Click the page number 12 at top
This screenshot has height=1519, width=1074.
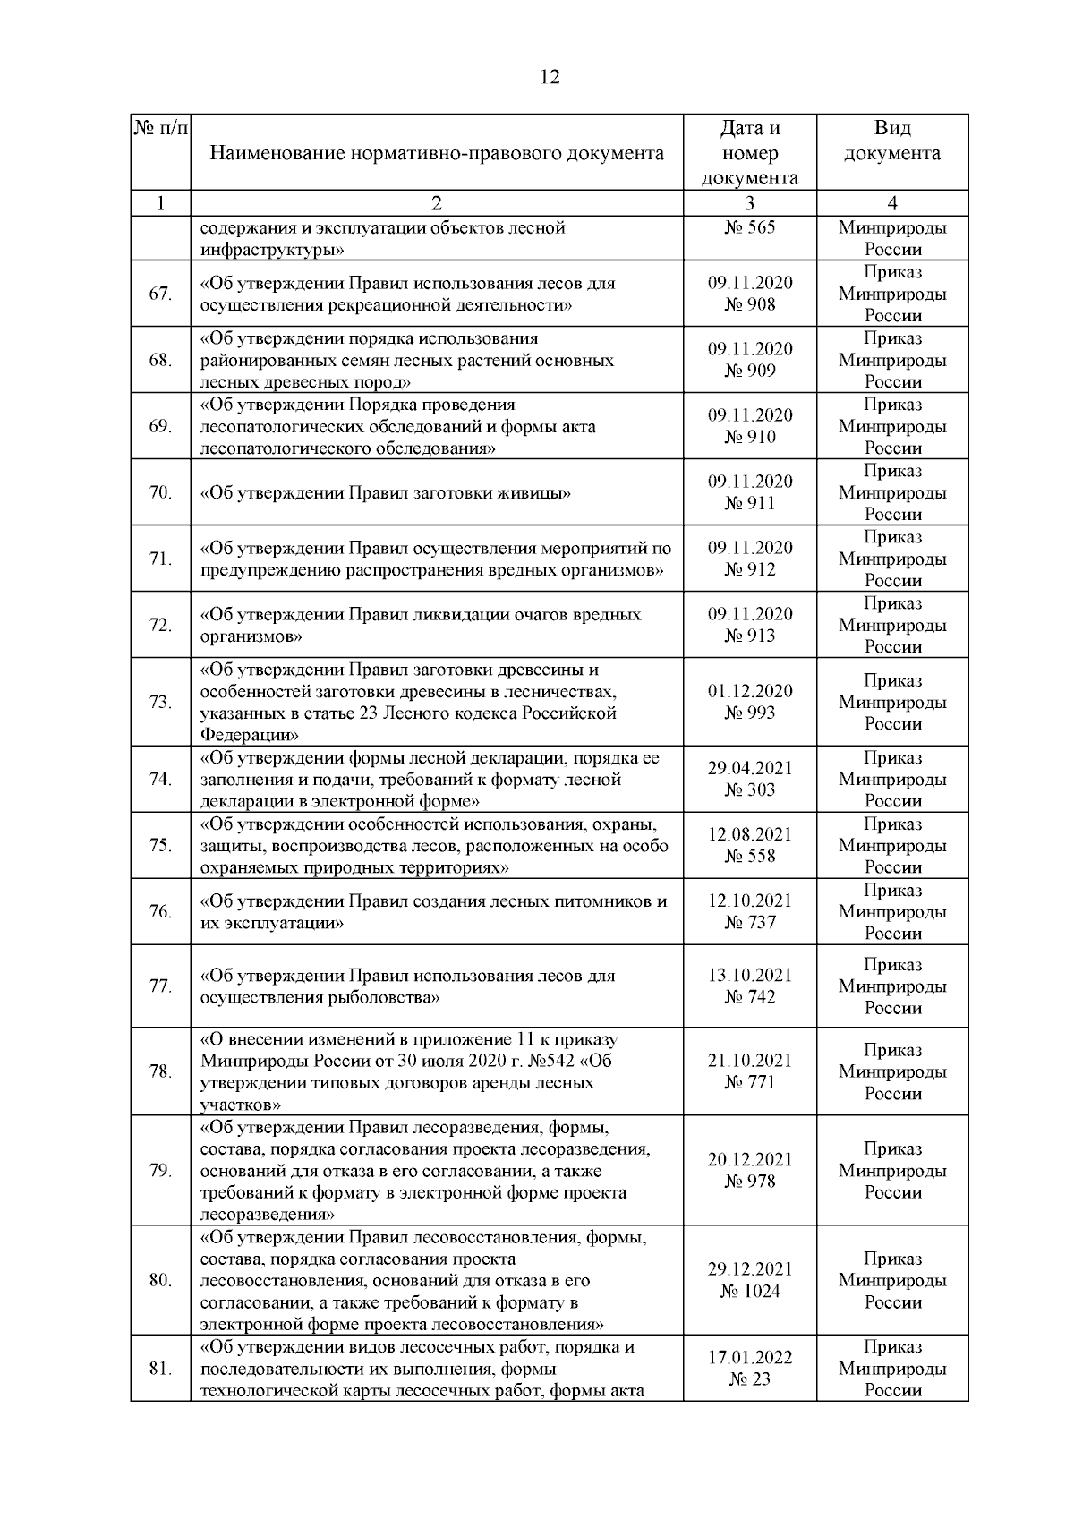(x=550, y=78)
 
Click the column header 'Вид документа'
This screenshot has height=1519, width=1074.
(x=892, y=141)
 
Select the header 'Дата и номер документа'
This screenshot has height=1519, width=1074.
(x=750, y=153)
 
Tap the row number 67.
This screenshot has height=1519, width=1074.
(x=160, y=294)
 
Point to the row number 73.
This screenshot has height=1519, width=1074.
(x=160, y=702)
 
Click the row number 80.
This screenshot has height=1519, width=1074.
(x=160, y=1281)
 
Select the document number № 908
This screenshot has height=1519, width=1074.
(x=750, y=305)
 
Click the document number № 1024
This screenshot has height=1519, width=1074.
(x=750, y=1292)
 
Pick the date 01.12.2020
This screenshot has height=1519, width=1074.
(x=750, y=691)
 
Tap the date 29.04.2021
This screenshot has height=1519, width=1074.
(x=750, y=768)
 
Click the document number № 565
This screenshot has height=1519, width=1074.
(x=750, y=227)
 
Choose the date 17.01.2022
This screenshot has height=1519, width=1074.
(x=750, y=1358)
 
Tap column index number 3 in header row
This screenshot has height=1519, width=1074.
(x=750, y=203)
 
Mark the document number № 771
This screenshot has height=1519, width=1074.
(x=750, y=1082)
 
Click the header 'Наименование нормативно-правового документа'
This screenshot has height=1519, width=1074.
(x=437, y=153)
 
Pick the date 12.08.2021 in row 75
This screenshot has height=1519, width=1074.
(x=750, y=834)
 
